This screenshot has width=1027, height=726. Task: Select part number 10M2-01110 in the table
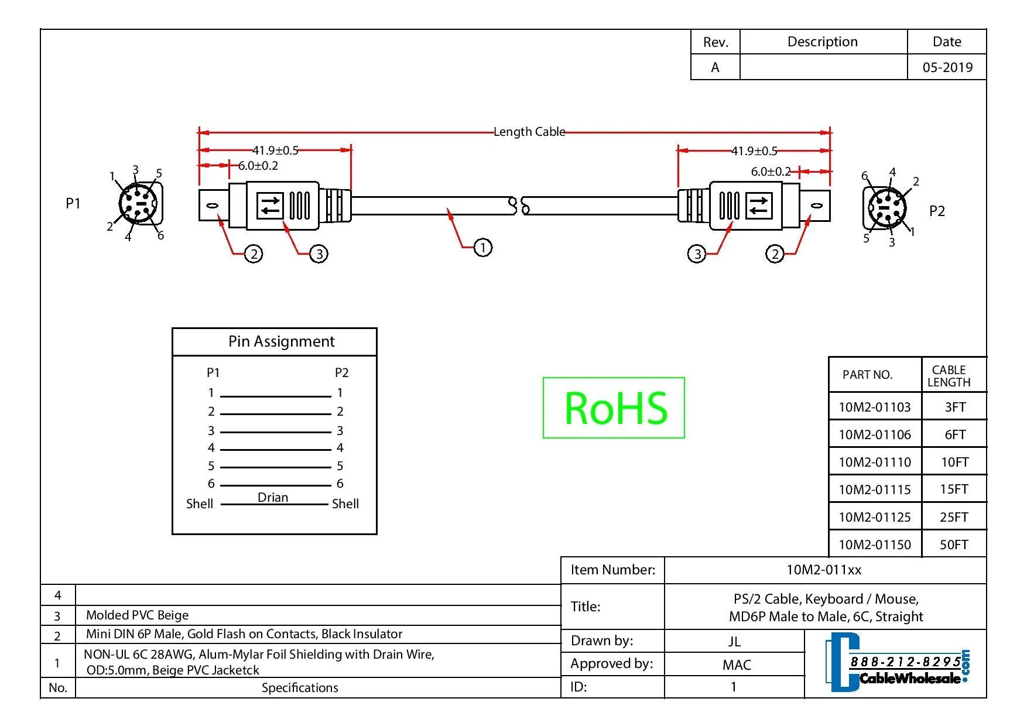tap(875, 462)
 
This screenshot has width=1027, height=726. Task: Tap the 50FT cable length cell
tap(954, 544)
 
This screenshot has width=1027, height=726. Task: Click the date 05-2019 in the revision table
tap(947, 67)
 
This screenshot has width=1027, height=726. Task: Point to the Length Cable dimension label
tap(529, 132)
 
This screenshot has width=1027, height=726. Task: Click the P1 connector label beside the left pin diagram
tap(73, 203)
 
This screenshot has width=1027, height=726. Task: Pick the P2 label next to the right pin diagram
tap(937, 211)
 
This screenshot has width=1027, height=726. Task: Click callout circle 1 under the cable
tap(482, 247)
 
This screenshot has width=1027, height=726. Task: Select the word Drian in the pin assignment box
tap(273, 497)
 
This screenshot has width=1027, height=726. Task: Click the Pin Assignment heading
tap(282, 341)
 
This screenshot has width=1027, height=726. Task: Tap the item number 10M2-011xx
tap(824, 570)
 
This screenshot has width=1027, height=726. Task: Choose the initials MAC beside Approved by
tap(737, 665)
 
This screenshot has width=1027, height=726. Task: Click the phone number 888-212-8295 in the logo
tap(905, 662)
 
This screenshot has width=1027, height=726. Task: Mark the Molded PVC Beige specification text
tap(138, 615)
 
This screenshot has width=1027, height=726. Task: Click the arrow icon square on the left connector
tap(270, 206)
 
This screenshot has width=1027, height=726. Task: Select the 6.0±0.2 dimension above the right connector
tap(771, 172)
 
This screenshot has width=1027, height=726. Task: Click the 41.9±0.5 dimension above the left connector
tap(275, 150)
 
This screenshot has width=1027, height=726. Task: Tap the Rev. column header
tap(716, 42)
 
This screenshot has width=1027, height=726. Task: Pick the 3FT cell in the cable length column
tap(955, 407)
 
